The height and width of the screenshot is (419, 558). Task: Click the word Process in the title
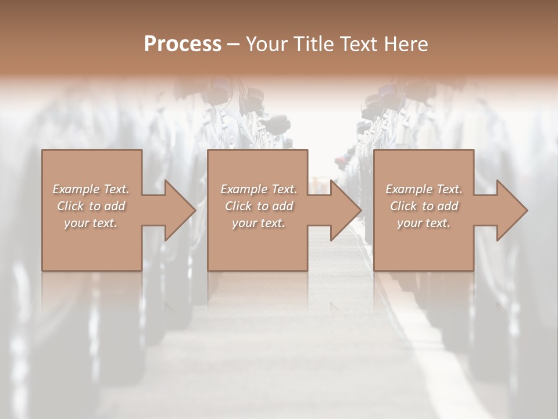pos(183,44)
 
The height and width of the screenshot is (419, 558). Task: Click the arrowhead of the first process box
pos(178,210)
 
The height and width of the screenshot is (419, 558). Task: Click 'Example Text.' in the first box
pos(91,189)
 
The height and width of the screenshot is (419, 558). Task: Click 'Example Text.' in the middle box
pos(259,189)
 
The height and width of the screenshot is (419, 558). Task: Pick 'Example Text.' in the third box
pos(424,189)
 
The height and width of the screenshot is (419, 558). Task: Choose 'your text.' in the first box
pos(91,223)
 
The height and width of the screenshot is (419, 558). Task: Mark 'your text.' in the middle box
pos(259,223)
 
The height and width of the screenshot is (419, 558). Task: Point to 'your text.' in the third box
pos(424,223)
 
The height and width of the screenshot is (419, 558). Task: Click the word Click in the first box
pos(69,206)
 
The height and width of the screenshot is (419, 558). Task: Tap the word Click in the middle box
pos(237,206)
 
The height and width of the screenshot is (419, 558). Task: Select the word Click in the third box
pos(402,206)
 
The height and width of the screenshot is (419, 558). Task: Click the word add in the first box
pos(115,206)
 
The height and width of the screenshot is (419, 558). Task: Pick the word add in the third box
pos(448,206)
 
